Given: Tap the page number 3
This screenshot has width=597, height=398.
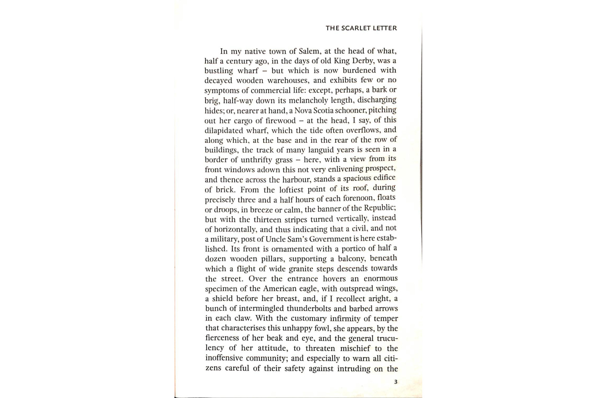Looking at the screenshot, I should click(x=395, y=382).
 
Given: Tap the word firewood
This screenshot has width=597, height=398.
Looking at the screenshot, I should click(x=279, y=120).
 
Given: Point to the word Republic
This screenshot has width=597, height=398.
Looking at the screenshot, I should click(x=379, y=209).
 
